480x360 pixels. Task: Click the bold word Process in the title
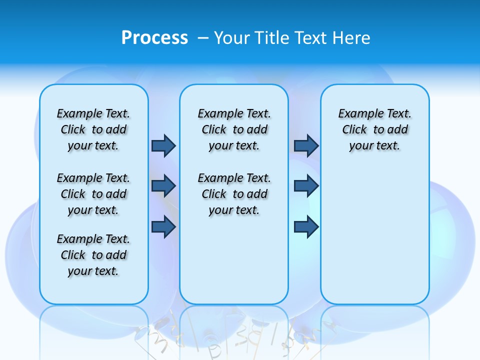(x=154, y=37)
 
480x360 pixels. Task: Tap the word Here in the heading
(x=351, y=38)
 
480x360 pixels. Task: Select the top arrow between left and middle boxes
(x=163, y=145)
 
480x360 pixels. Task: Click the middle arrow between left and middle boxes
(x=163, y=186)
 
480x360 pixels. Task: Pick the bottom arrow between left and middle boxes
(x=163, y=227)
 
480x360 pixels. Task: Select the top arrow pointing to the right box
(x=306, y=145)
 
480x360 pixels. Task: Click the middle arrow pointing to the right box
(x=306, y=186)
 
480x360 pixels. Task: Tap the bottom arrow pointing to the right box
(x=306, y=227)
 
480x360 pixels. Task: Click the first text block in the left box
(x=93, y=129)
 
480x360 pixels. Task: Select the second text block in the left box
(x=93, y=194)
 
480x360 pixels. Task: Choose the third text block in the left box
(x=93, y=255)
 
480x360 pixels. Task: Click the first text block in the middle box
(x=234, y=129)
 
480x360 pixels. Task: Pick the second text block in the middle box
(x=234, y=194)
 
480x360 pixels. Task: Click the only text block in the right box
(x=374, y=129)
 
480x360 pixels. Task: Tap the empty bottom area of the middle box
(x=234, y=265)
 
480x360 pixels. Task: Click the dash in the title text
(x=203, y=38)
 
